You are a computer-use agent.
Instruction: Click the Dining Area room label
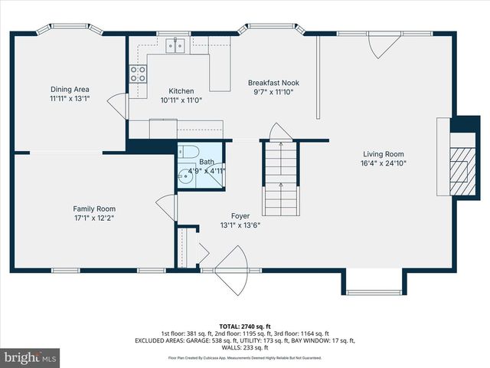pyautogui.click(x=70, y=89)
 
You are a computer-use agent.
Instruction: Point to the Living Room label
pyautogui.click(x=382, y=153)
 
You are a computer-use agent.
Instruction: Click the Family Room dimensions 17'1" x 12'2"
pyautogui.click(x=94, y=218)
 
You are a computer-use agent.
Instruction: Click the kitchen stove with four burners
pyautogui.click(x=138, y=74)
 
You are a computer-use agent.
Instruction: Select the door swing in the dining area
pyautogui.click(x=116, y=103)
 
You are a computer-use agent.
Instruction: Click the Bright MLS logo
pyautogui.click(x=31, y=357)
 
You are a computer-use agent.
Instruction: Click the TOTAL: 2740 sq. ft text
pyautogui.click(x=245, y=326)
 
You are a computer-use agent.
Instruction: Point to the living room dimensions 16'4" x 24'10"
pyautogui.click(x=382, y=163)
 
